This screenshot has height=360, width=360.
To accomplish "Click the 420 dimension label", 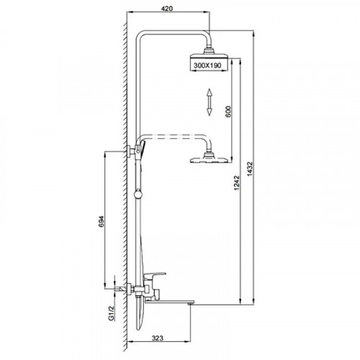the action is [x=167, y=9].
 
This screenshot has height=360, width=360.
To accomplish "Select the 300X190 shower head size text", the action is [x=207, y=65].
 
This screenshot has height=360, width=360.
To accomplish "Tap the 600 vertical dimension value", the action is [x=228, y=112].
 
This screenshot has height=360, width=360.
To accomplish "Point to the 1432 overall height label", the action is [x=250, y=169].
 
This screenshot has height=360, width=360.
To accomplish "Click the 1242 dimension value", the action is [x=237, y=183].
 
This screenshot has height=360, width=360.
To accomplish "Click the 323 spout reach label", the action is [x=158, y=338].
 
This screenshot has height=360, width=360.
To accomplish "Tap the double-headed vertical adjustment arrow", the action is [x=210, y=102].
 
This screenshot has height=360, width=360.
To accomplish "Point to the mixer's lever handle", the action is [x=154, y=275].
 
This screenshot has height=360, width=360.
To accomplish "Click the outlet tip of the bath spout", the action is [x=191, y=304].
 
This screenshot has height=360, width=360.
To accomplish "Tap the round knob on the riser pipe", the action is [x=138, y=194].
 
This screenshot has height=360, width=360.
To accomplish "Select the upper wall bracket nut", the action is [x=131, y=151].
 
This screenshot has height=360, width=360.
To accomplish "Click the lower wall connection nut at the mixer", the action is [x=131, y=289].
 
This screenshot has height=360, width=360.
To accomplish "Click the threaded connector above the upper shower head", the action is [x=208, y=50].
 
